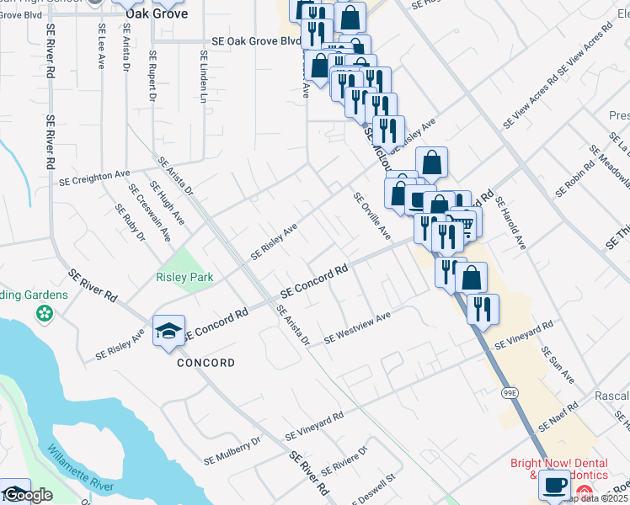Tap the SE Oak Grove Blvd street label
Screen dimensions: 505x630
[256, 40]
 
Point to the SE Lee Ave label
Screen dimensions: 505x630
[100, 47]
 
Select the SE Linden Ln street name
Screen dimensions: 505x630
[204, 66]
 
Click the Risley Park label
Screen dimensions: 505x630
[184, 277]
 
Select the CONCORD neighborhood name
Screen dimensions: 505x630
[206, 363]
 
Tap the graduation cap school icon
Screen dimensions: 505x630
[168, 331]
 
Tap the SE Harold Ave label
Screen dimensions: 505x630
[510, 224]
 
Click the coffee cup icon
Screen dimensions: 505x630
[554, 486]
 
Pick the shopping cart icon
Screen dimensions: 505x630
[460, 224]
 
